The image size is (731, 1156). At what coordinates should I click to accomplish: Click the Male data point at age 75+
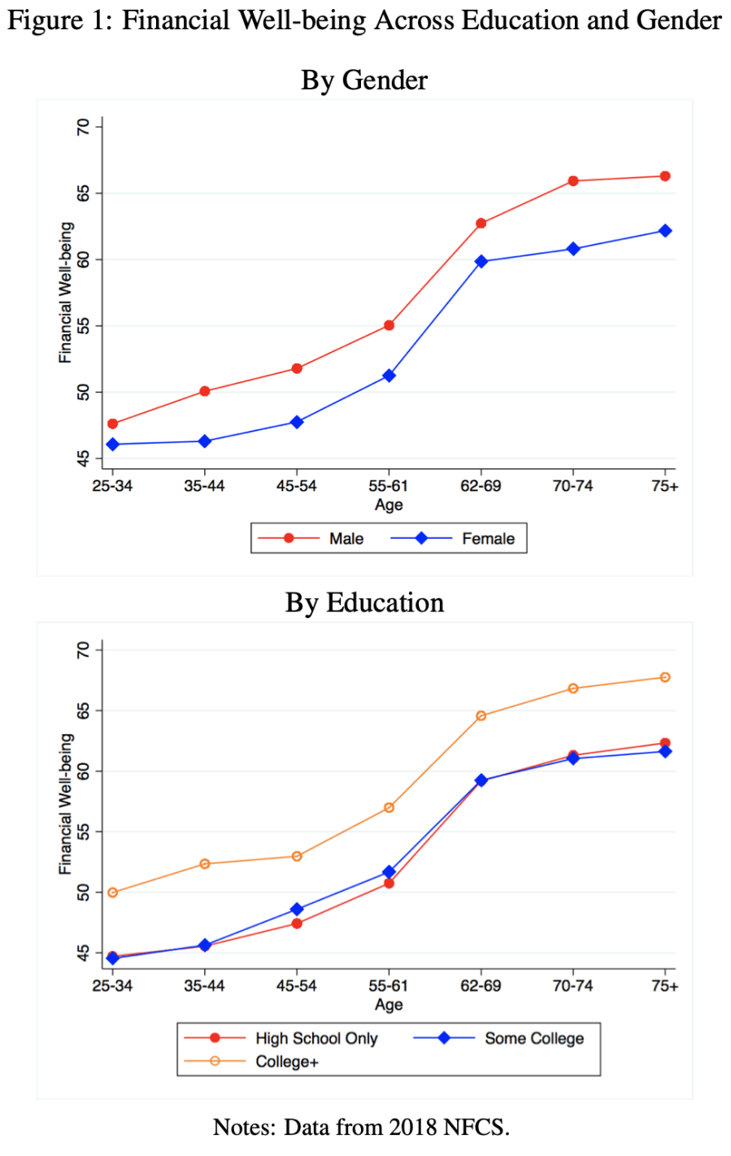(665, 176)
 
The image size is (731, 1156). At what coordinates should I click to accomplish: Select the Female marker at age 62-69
(481, 262)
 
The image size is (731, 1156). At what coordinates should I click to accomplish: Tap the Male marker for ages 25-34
(112, 424)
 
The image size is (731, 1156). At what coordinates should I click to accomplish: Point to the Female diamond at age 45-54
(297, 422)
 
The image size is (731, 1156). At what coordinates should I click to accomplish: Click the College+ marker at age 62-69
(481, 716)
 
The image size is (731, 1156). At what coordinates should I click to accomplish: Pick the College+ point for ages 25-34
(112, 893)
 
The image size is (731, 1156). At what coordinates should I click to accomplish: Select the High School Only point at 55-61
(389, 883)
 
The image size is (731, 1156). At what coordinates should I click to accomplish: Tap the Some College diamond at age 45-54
(297, 909)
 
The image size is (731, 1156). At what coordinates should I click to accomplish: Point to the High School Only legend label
(316, 1038)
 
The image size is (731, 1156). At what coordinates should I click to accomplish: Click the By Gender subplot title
(364, 80)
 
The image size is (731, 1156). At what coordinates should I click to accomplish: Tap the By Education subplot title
(364, 602)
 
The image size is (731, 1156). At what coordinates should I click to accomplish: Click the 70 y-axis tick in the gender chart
(84, 127)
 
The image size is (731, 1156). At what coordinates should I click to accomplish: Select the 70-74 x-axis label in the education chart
(572, 986)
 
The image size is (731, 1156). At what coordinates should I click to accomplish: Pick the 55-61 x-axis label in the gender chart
(389, 486)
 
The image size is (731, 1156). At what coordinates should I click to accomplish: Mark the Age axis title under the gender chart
(389, 505)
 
